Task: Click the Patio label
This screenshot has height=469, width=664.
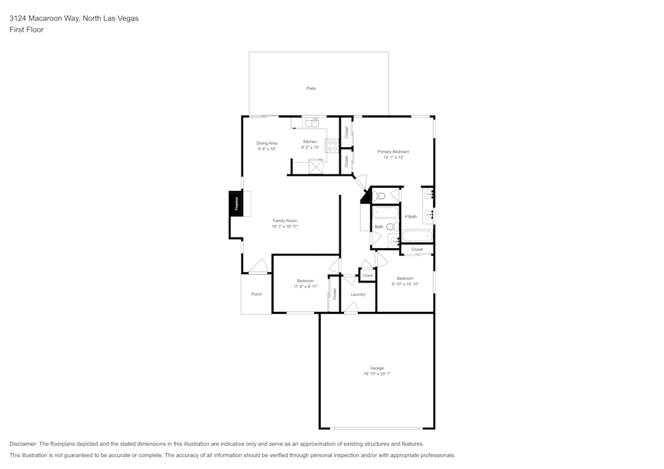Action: click(311, 88)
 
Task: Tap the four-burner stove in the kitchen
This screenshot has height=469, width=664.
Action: click(331, 145)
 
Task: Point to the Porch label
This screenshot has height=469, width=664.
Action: click(256, 294)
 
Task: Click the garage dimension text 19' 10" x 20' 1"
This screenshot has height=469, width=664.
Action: click(376, 374)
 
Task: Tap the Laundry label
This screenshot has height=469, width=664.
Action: click(358, 294)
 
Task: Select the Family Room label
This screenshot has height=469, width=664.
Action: click(285, 220)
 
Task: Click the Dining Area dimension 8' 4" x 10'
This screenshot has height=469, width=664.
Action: click(267, 149)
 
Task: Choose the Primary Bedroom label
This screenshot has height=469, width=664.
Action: click(393, 152)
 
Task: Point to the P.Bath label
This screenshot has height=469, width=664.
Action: click(411, 216)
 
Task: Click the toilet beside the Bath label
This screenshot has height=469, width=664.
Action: click(391, 226)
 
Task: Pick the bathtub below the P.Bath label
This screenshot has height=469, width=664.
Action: click(417, 236)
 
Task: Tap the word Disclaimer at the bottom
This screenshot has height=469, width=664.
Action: click(23, 444)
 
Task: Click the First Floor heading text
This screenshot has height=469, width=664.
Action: click(27, 30)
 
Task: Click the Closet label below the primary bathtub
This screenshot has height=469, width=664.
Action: click(417, 249)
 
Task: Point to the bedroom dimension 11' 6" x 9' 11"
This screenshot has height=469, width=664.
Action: click(305, 287)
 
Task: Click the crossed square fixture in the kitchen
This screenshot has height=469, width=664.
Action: click(315, 166)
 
